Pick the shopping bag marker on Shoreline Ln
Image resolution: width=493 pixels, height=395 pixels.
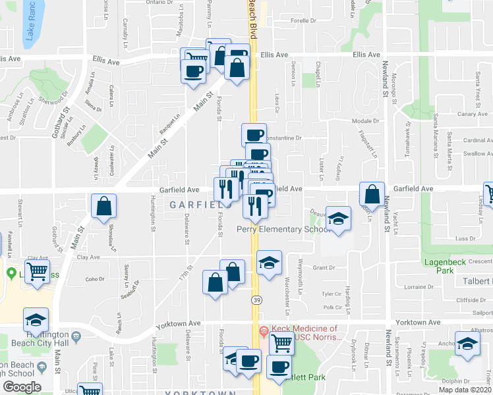click(104, 206)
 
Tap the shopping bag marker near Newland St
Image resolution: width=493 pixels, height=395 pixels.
click(372, 194)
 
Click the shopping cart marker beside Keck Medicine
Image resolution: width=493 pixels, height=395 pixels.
click(281, 342)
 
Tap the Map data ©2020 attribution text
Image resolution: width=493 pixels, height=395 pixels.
click(465, 390)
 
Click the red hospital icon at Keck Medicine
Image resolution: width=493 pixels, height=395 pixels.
click(265, 330)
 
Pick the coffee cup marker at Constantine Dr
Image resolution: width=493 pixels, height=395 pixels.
click(254, 135)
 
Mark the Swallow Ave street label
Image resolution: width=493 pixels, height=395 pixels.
click(477, 153)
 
